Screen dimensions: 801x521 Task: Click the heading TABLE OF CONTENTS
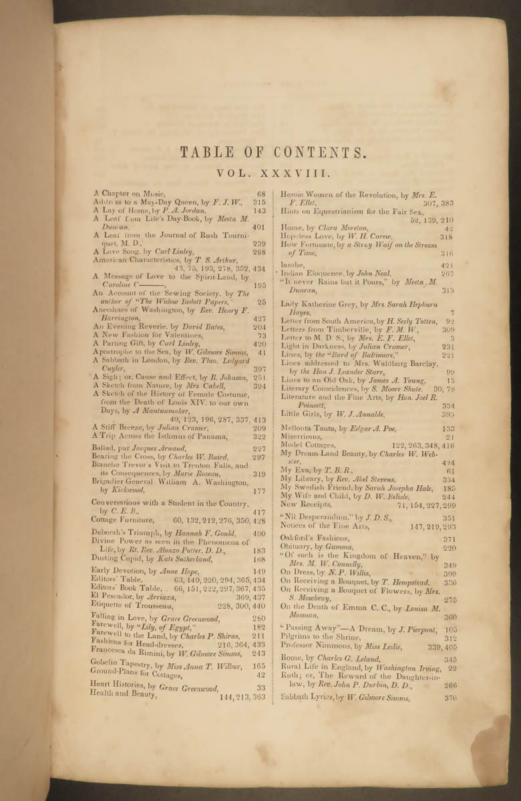click(x=273, y=152)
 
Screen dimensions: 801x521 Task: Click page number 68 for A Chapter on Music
click(x=260, y=194)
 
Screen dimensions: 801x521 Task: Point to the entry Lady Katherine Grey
click(x=314, y=302)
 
